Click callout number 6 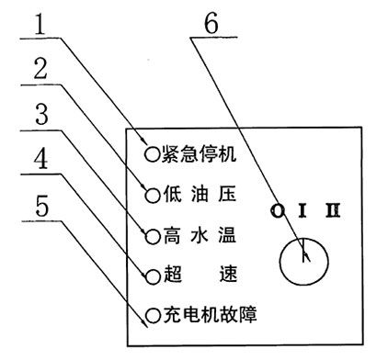point(211,22)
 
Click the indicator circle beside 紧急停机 point(150,153)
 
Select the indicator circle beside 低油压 point(150,194)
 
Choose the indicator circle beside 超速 point(150,275)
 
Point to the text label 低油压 point(198,194)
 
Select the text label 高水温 point(198,235)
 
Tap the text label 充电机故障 point(207,315)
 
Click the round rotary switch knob point(303,261)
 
